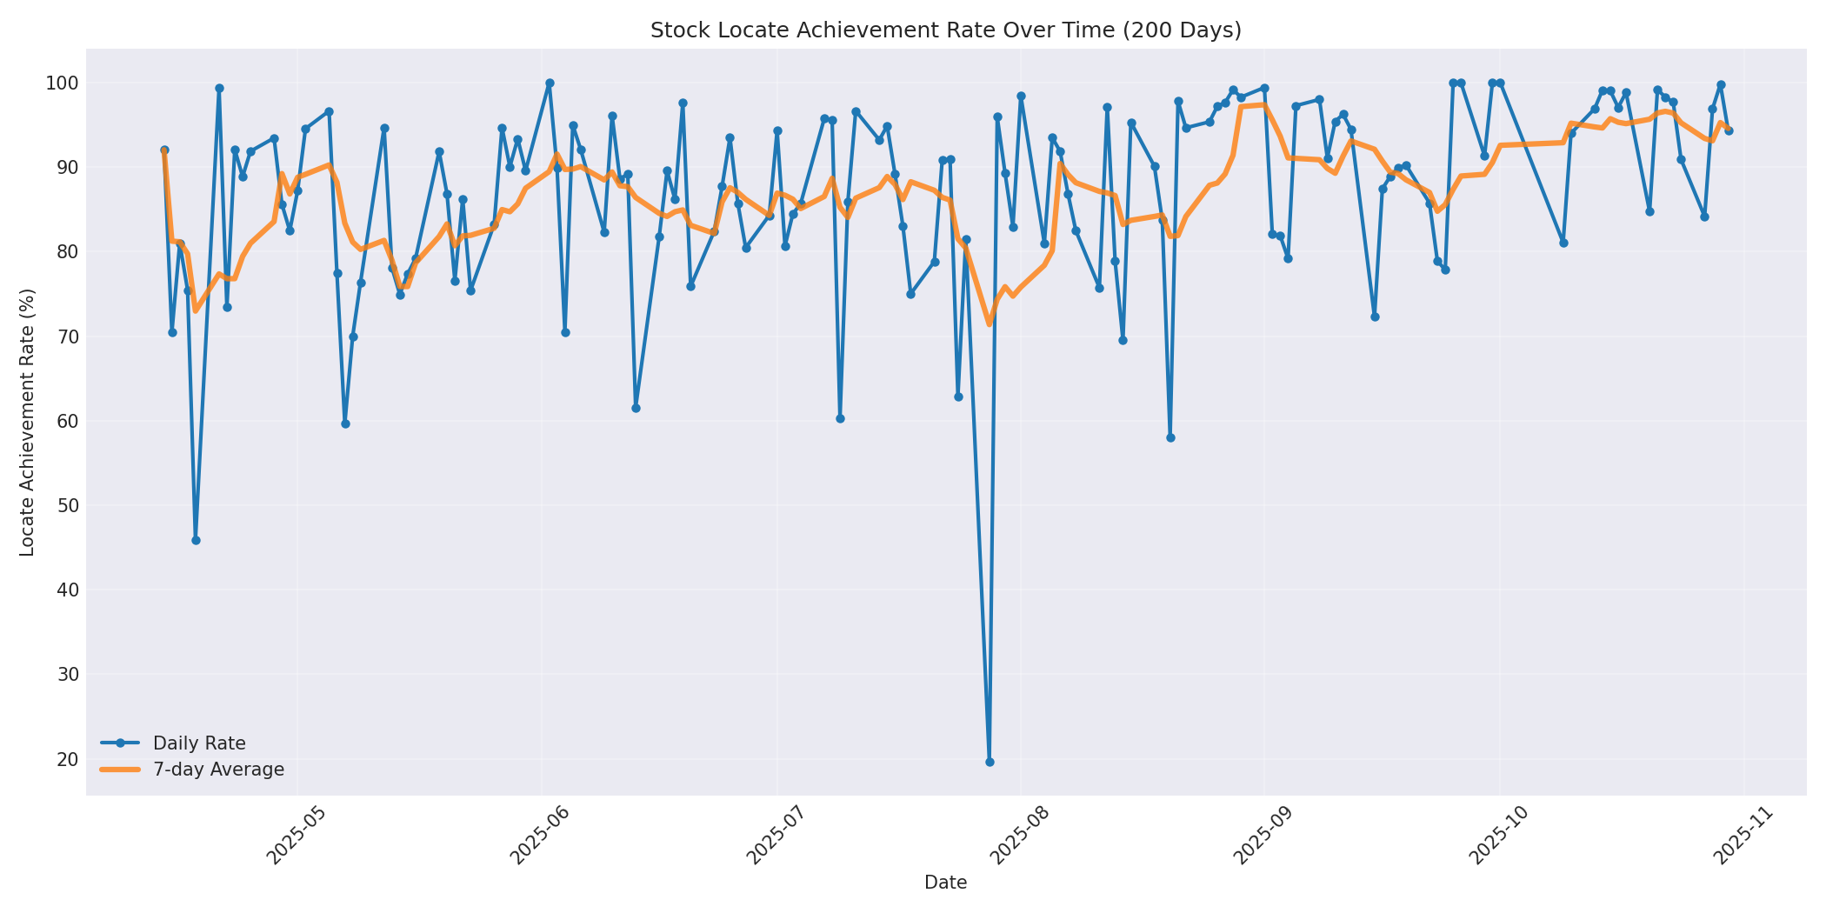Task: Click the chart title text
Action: (945, 30)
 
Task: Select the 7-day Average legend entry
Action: (218, 770)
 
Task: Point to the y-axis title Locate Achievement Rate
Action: (27, 423)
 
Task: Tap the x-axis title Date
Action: (945, 883)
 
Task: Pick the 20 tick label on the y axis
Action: (67, 759)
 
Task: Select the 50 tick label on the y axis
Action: (67, 506)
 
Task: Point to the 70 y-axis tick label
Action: (67, 337)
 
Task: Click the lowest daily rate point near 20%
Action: (990, 762)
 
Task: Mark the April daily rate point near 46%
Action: (196, 540)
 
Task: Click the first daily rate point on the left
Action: (164, 150)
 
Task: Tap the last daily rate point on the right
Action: (1729, 130)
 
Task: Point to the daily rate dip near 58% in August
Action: (1170, 437)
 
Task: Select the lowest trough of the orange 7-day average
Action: (990, 323)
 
